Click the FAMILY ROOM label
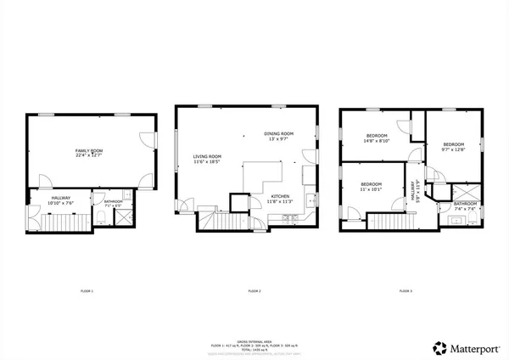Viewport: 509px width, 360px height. (x=87, y=150)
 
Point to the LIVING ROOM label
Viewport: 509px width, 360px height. (x=207, y=156)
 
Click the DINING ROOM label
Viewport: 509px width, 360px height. (x=278, y=133)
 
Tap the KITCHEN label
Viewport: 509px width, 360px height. (x=279, y=196)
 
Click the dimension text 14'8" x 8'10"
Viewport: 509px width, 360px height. (x=377, y=141)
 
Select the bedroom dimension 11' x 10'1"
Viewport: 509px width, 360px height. (x=371, y=189)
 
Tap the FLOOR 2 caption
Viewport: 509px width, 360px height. (x=254, y=291)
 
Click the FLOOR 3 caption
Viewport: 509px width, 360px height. (x=406, y=291)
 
